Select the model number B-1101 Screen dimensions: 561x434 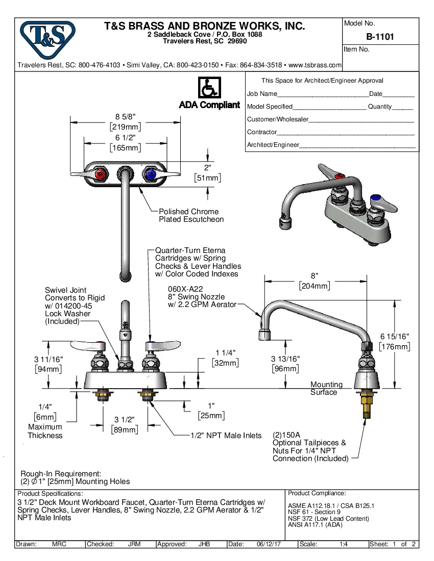click(380, 37)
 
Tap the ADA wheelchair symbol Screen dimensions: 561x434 click(209, 88)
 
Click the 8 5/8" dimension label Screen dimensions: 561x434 click(125, 116)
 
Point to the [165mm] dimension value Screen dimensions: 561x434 click(125, 148)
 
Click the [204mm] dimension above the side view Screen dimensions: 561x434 click(315, 286)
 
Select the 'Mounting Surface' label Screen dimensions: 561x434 click(326, 388)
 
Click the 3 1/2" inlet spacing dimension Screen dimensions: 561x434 click(125, 419)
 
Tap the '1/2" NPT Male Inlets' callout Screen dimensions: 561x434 click(226, 436)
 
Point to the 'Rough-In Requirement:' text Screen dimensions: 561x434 click(61, 474)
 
